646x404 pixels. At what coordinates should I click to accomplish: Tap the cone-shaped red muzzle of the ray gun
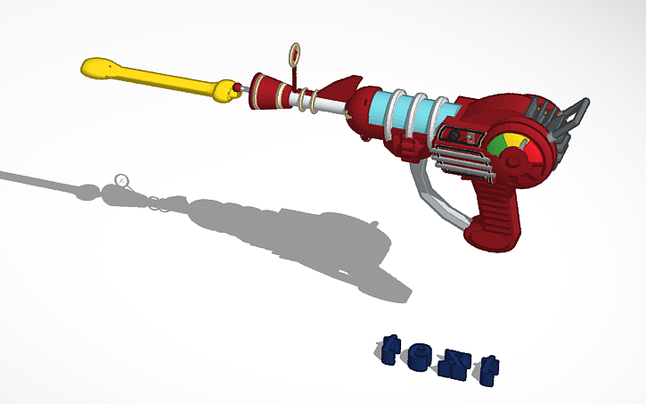pos(265,91)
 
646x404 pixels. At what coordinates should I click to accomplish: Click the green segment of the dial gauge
pos(497,144)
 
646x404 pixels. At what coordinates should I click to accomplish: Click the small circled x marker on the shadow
pos(122,181)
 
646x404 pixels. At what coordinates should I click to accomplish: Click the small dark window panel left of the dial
pos(459,136)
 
